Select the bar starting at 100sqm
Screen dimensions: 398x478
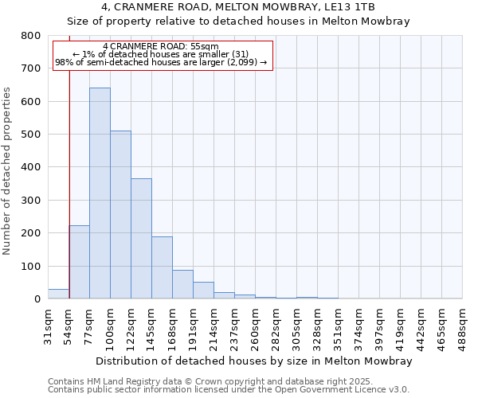[120, 215]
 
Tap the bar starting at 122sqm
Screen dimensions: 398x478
[141, 239]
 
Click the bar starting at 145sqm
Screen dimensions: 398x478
[162, 267]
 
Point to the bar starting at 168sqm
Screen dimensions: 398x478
[182, 284]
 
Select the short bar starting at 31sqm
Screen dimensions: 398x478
[58, 294]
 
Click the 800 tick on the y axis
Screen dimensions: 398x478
[30, 36]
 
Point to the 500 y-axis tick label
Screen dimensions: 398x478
[30, 135]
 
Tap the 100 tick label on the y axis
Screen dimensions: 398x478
[30, 266]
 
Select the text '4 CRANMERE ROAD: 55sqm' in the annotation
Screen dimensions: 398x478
[160, 47]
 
